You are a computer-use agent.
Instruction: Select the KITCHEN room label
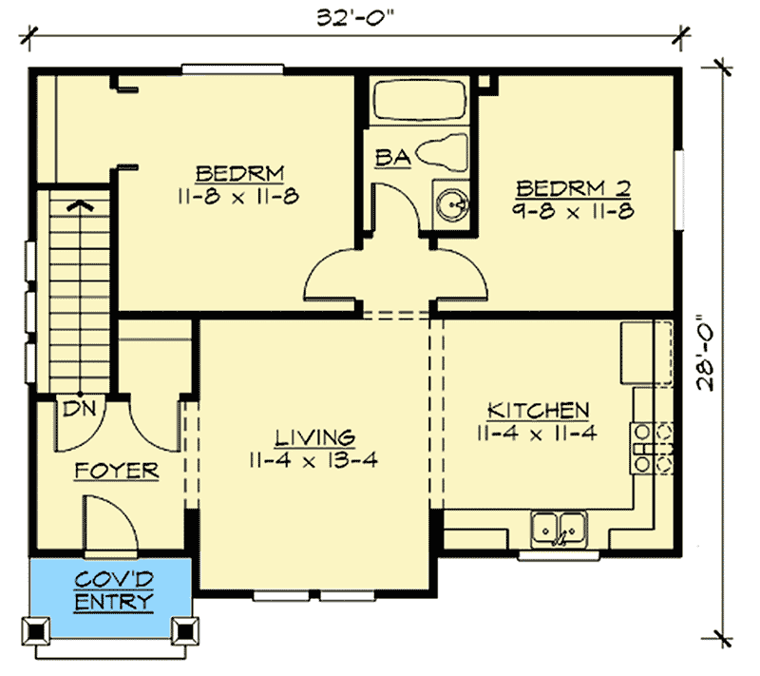click(538, 411)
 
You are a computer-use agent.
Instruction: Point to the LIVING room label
click(314, 437)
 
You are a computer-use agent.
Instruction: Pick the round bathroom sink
click(452, 202)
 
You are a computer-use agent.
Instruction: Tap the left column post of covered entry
click(37, 629)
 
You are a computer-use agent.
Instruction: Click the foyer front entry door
click(112, 528)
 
